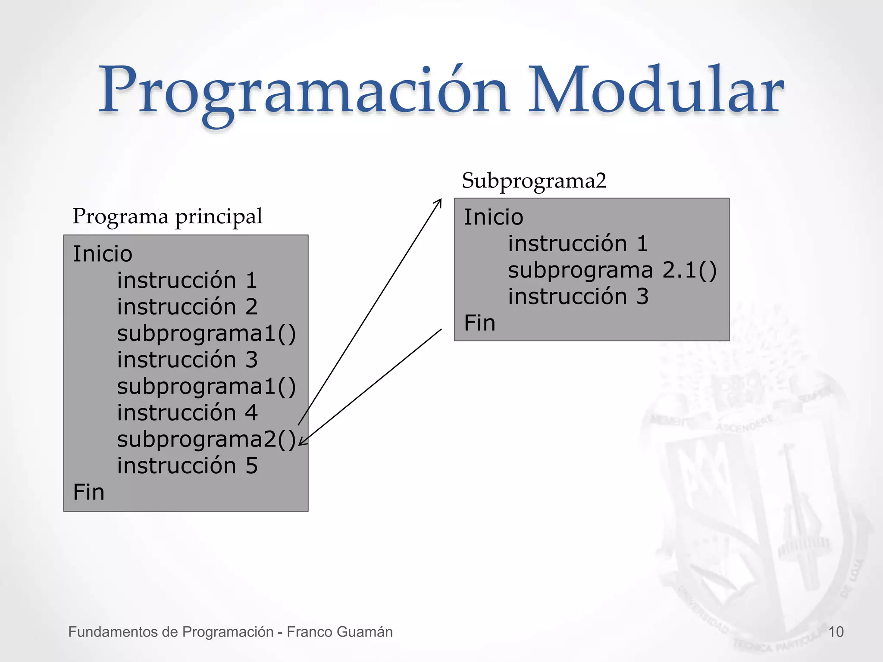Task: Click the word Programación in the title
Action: tap(304, 93)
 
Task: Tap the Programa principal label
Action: tap(167, 216)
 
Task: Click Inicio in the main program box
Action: tap(103, 253)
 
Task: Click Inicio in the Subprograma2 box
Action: tap(493, 217)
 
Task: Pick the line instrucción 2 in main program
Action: tap(187, 307)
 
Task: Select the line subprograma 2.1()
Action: tap(612, 270)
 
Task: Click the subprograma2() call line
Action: tap(206, 439)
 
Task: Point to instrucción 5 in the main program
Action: tap(187, 466)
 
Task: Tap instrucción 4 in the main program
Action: tap(187, 413)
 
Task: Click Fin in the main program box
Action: tap(89, 492)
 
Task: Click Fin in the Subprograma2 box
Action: tap(479, 323)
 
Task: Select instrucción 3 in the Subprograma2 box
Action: tap(578, 297)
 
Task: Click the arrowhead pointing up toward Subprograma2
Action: tap(439, 202)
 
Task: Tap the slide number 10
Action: tap(836, 632)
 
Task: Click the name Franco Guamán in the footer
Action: tap(340, 632)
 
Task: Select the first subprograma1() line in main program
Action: tap(206, 334)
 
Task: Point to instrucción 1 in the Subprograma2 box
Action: tap(578, 244)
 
